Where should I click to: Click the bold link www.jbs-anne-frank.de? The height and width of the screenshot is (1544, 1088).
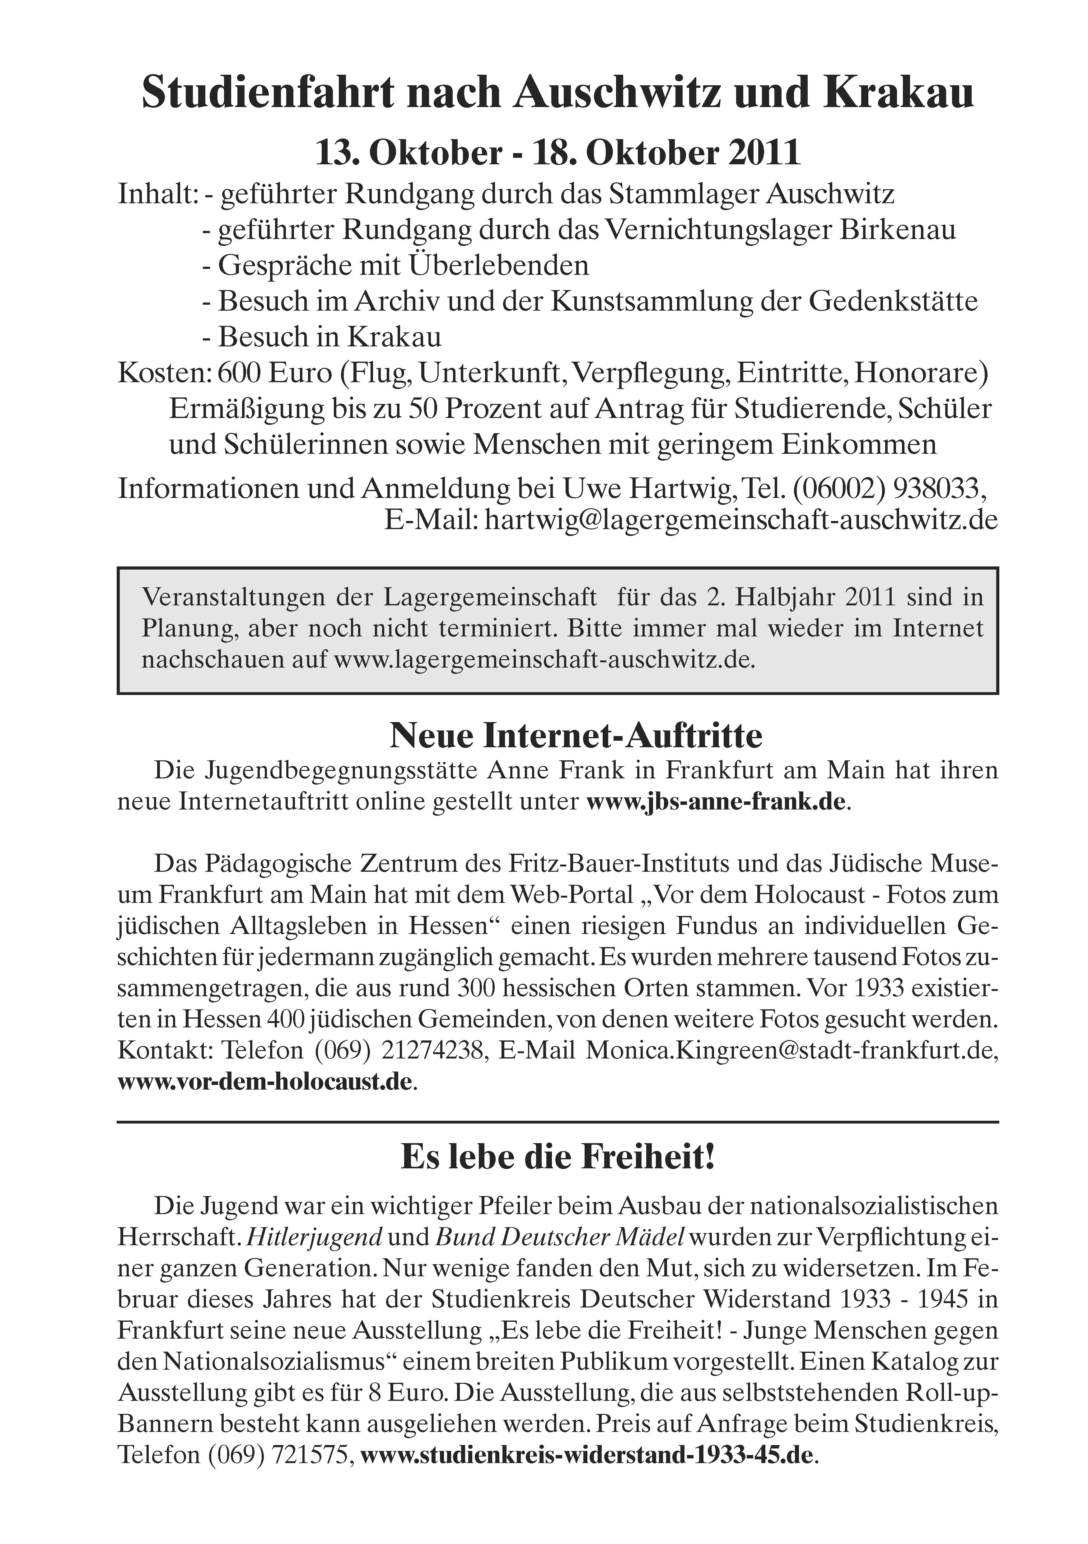click(716, 802)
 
